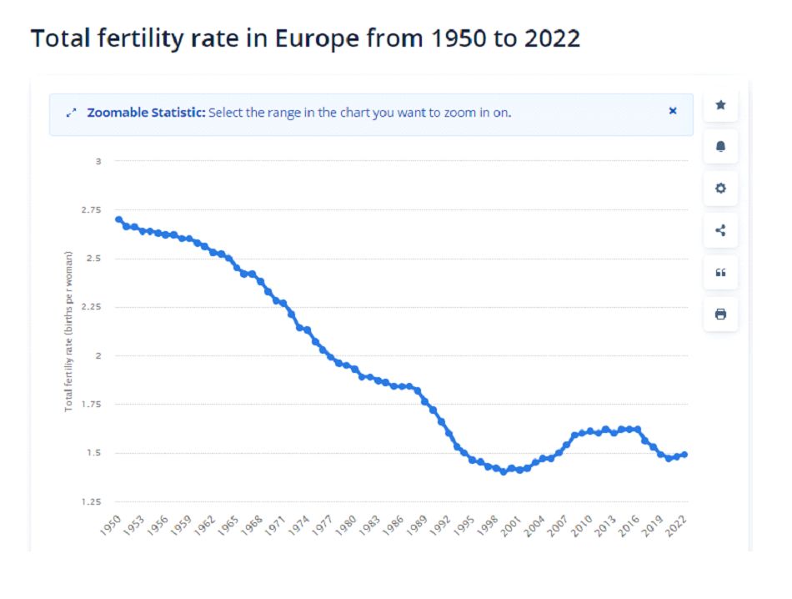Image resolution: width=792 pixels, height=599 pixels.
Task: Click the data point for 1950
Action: (x=118, y=219)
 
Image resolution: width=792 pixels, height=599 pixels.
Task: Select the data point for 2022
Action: (x=684, y=455)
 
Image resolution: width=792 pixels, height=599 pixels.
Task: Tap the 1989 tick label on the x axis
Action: (x=422, y=527)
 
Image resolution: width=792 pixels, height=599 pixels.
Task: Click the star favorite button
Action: (x=720, y=105)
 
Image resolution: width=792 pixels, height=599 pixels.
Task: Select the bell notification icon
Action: (x=720, y=147)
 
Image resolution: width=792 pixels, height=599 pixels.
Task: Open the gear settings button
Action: (x=720, y=189)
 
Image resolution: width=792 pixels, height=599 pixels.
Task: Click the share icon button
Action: (x=720, y=230)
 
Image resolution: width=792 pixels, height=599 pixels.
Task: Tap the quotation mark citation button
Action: (x=720, y=272)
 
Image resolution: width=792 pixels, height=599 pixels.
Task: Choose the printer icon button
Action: (x=720, y=315)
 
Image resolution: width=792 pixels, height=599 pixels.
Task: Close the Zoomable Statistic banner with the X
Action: (x=673, y=111)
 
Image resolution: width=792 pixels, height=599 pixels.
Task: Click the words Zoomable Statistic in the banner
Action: (x=146, y=112)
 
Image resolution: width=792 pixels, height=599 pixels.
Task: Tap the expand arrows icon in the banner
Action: (x=71, y=112)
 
